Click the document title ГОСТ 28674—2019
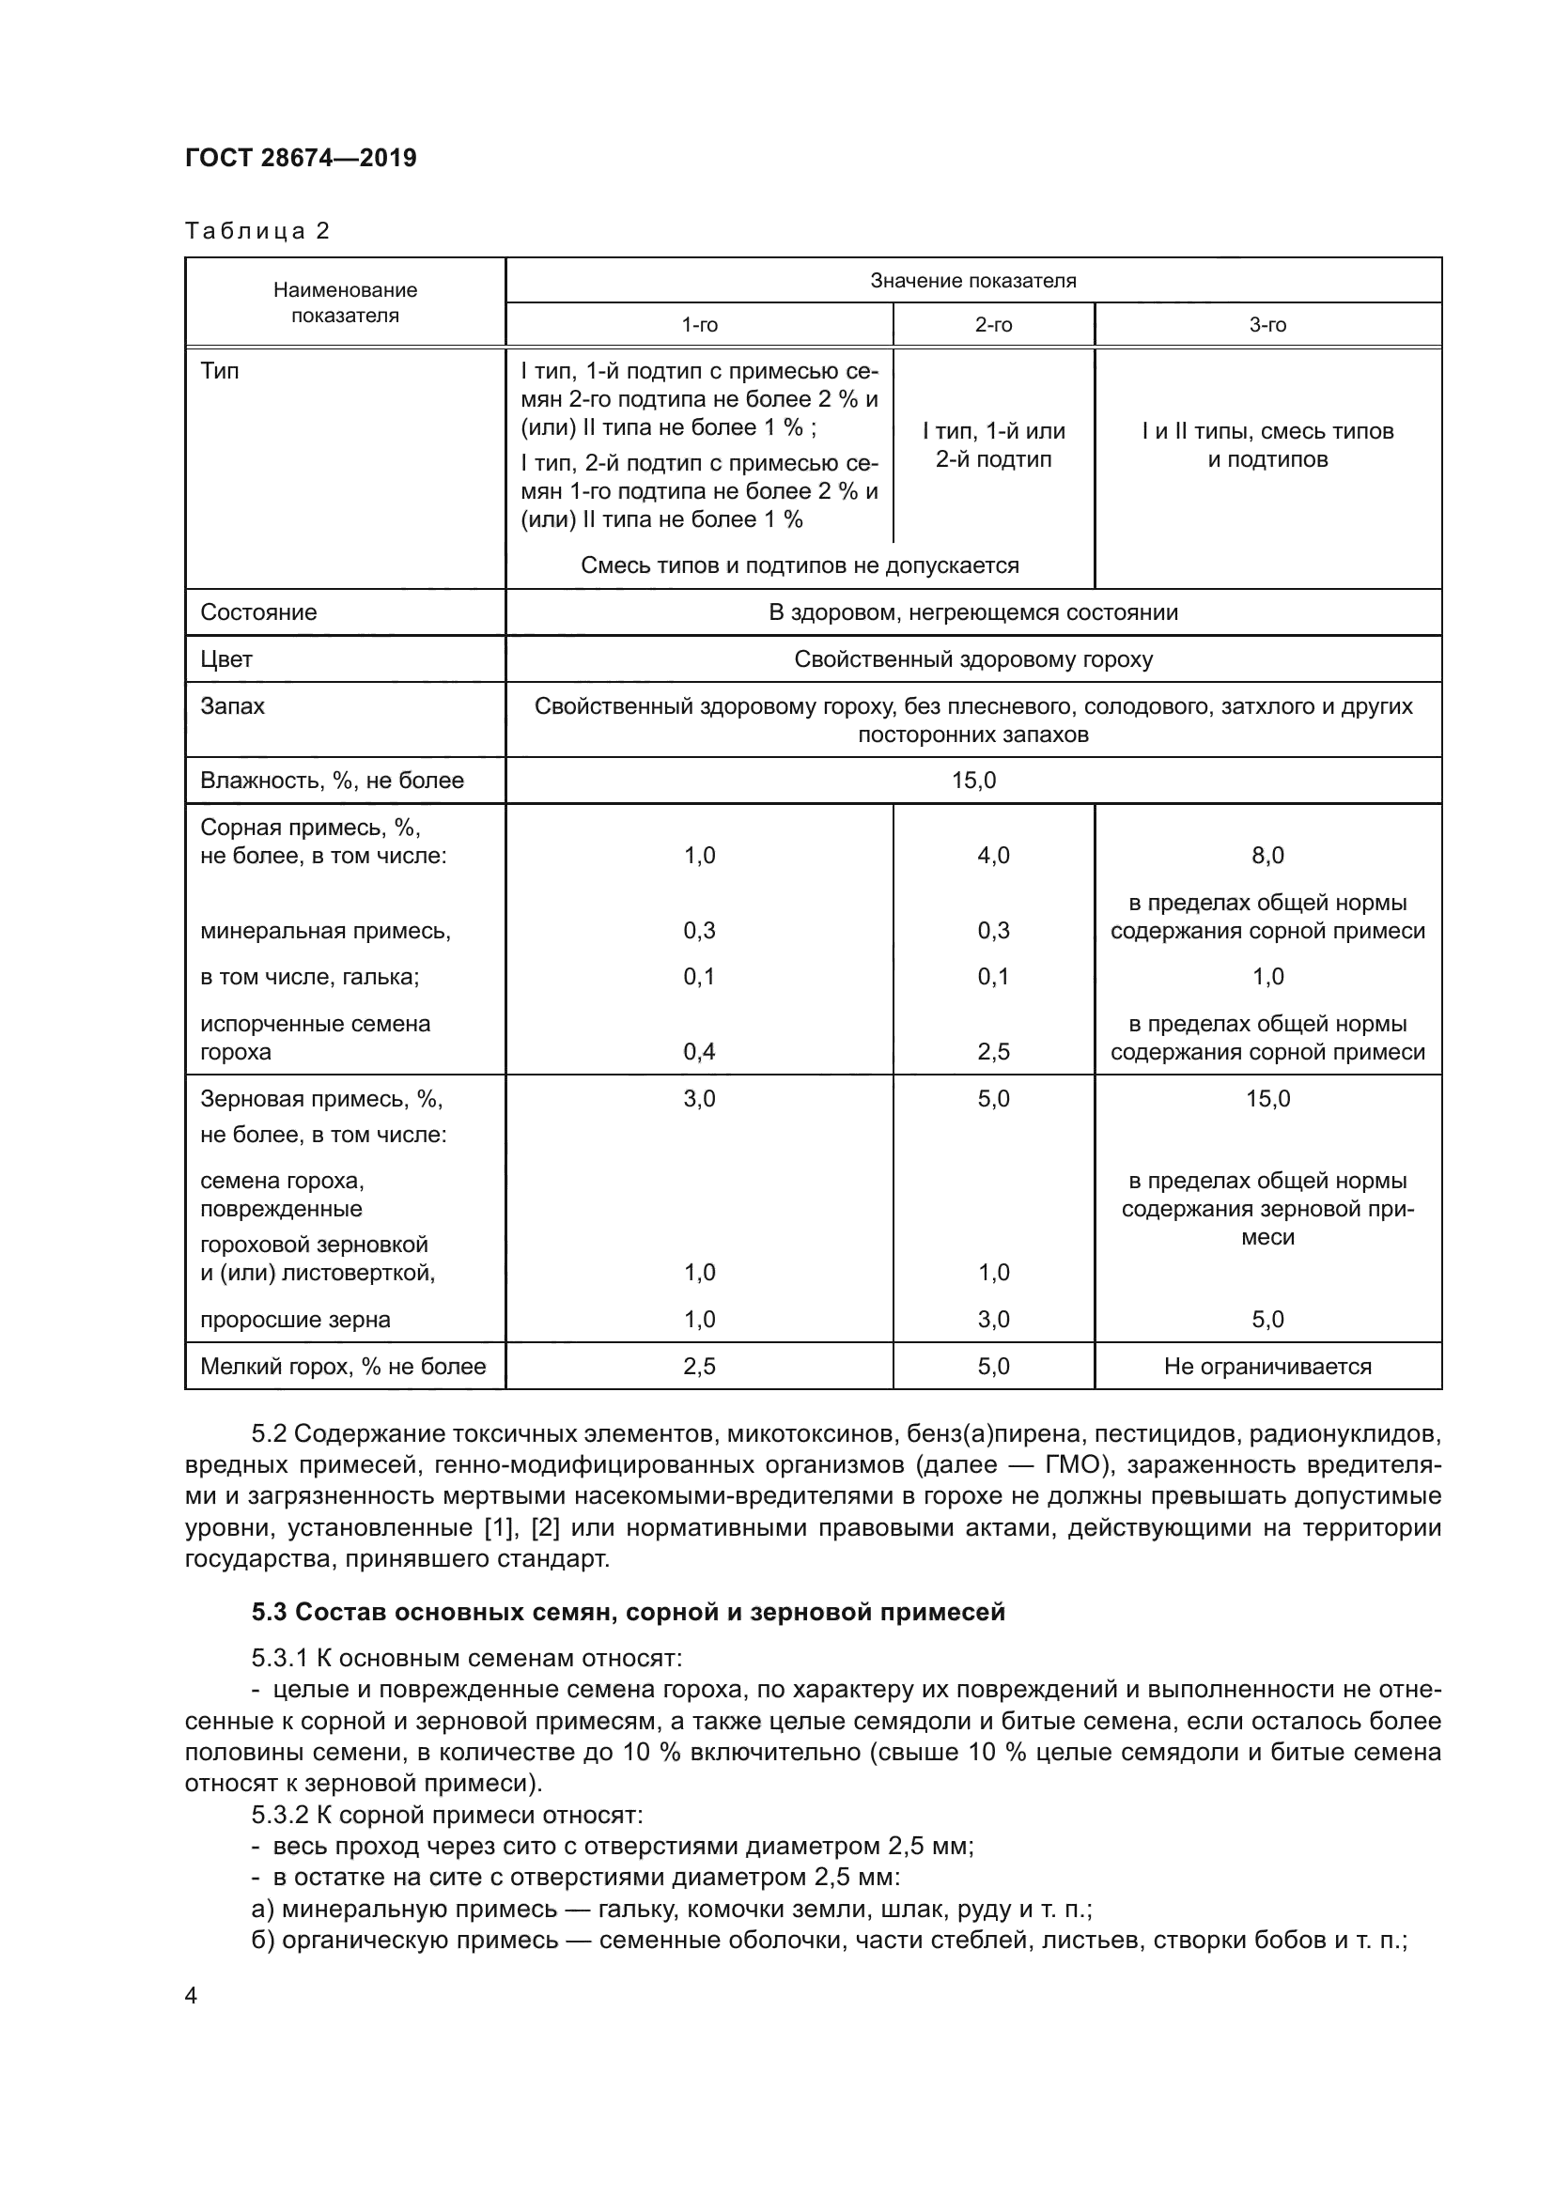click(x=301, y=158)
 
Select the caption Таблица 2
click(x=256, y=231)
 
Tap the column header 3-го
click(x=1267, y=325)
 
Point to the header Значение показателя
click(x=972, y=280)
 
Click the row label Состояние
click(x=258, y=612)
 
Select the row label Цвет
click(x=226, y=659)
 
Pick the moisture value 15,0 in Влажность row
click(x=972, y=781)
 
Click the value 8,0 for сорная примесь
click(x=1267, y=856)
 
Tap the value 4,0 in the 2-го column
click(x=992, y=856)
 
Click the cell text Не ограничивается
click(x=1267, y=1367)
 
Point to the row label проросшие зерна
click(x=295, y=1320)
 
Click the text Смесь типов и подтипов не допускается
click(x=799, y=565)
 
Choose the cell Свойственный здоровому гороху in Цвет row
click(x=972, y=659)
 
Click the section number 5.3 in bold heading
click(x=269, y=1613)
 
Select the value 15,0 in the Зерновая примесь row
click(x=1267, y=1099)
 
